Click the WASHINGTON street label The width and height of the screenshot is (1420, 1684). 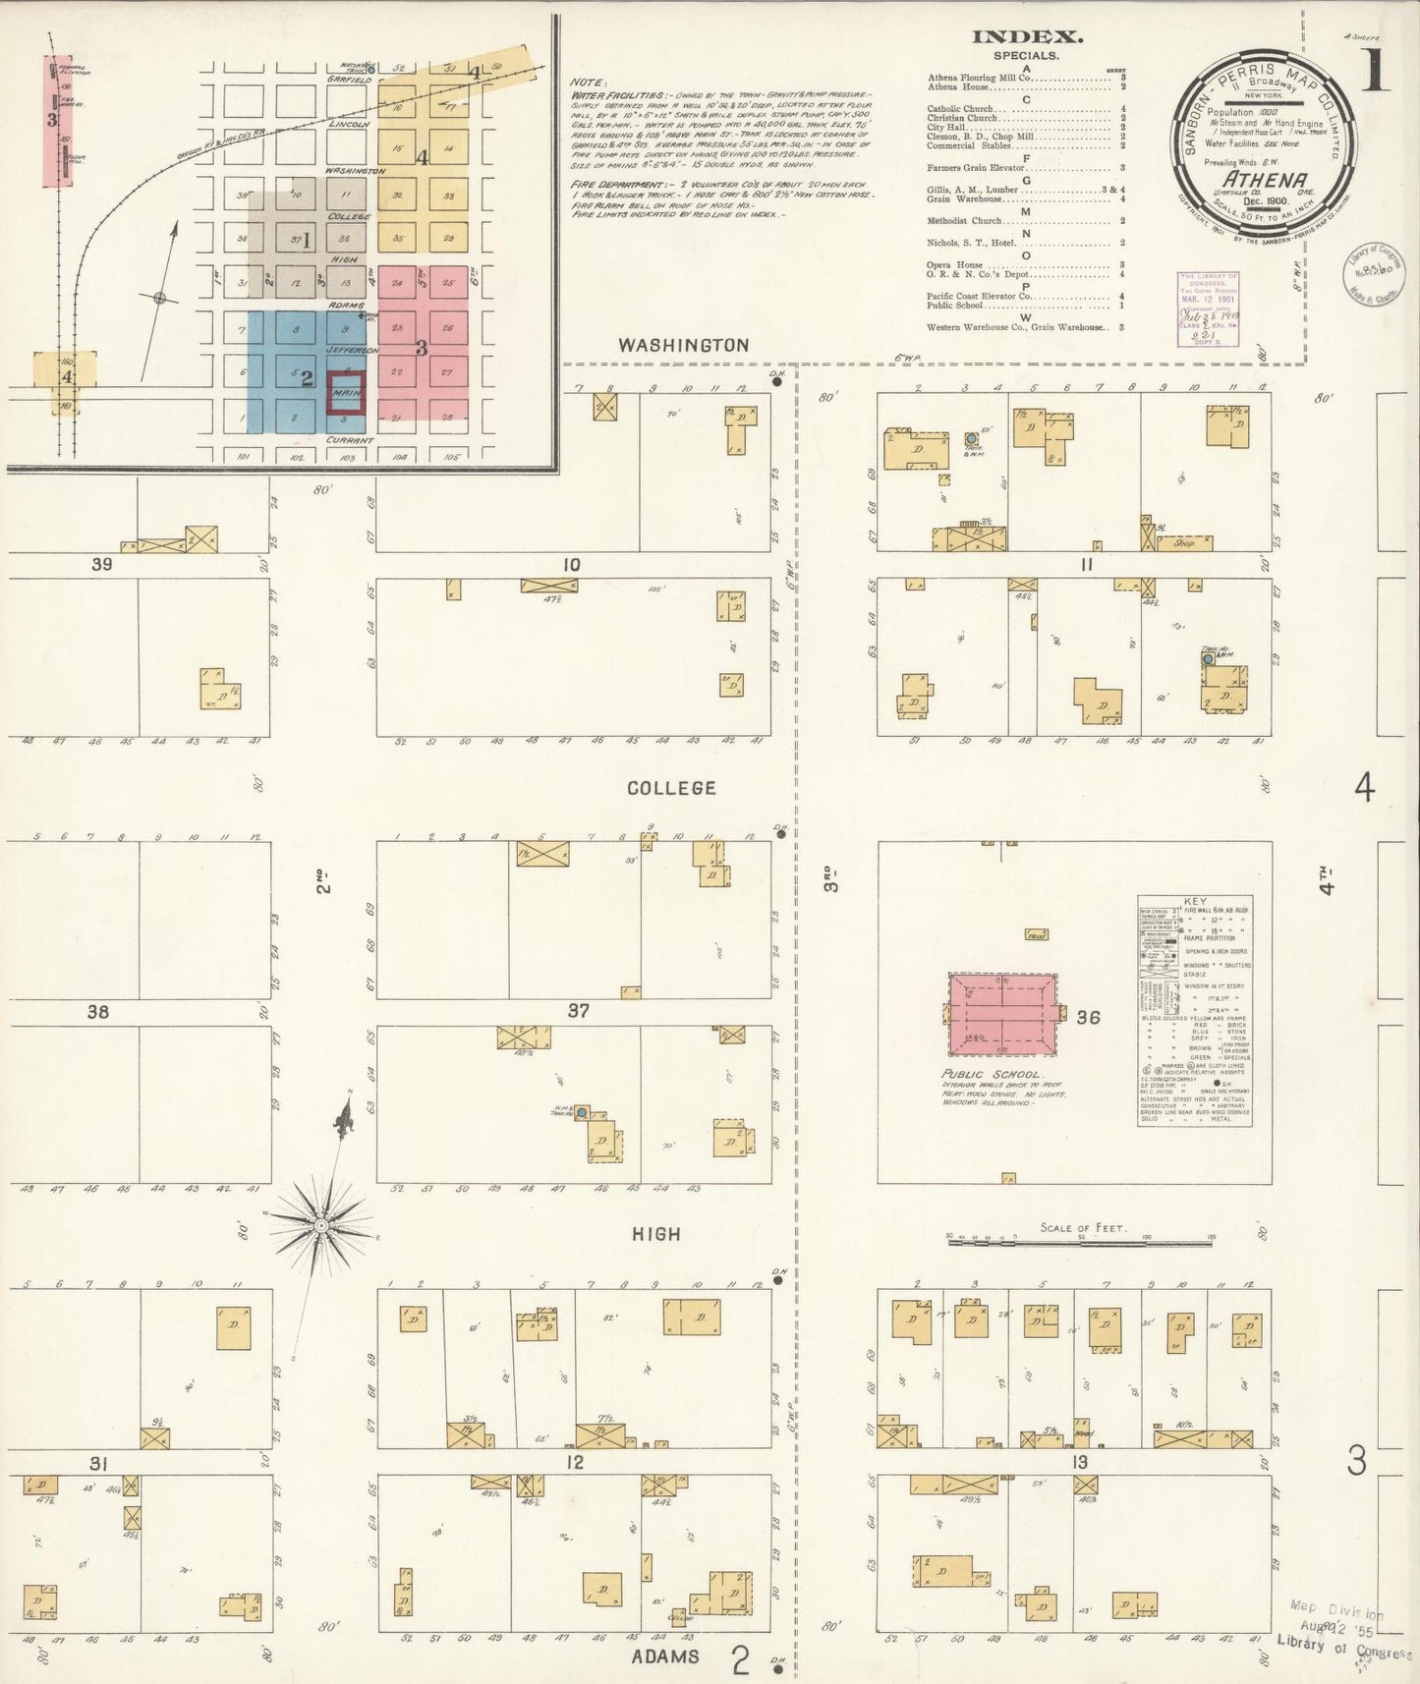click(683, 345)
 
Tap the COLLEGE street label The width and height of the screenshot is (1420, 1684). click(671, 788)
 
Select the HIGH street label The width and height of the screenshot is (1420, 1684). click(656, 1234)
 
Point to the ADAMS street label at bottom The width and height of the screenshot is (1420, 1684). click(665, 1656)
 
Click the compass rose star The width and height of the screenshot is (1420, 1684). click(320, 1226)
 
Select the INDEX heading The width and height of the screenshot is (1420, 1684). click(1027, 37)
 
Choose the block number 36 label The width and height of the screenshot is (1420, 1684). click(1088, 1017)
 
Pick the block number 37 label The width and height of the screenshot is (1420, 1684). click(578, 1011)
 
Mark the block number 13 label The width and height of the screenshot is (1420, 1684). click(1081, 1463)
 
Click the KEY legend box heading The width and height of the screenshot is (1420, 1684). click(1195, 902)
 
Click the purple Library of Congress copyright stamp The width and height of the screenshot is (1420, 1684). click(1207, 309)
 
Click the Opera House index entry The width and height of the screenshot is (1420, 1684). click(955, 265)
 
